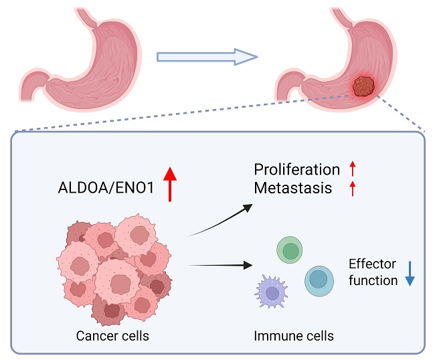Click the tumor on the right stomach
(363, 87)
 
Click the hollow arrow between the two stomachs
(206, 56)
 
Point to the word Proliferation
(297, 169)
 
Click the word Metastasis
(293, 188)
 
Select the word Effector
(372, 264)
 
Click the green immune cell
(290, 251)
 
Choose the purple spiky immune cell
(272, 293)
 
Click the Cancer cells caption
(114, 334)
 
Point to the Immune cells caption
(294, 334)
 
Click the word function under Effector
(373, 280)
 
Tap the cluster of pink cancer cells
(114, 268)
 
